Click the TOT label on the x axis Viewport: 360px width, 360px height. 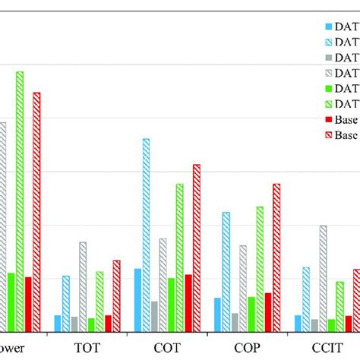click(87, 346)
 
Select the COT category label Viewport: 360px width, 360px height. click(166, 346)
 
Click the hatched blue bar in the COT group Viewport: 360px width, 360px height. click(146, 235)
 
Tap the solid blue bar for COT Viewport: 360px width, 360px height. click(137, 299)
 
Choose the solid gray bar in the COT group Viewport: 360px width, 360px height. click(154, 315)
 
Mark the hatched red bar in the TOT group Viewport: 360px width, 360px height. click(116, 295)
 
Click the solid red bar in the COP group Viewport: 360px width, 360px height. click(268, 311)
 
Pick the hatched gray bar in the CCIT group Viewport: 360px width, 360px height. click(324, 278)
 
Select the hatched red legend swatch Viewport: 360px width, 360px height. click(328, 135)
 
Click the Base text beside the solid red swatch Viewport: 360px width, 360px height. click(347, 120)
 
